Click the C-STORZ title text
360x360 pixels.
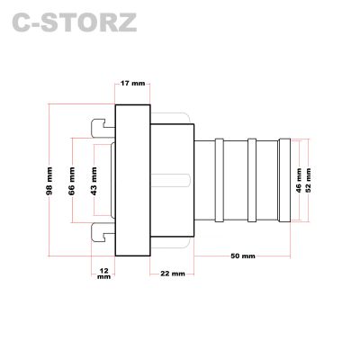(x=75, y=22)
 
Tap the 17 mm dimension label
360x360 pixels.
(x=132, y=83)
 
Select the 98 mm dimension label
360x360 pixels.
(x=49, y=181)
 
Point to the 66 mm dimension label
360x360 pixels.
(x=72, y=181)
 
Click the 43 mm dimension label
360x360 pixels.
(x=94, y=181)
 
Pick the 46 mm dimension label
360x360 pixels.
(x=299, y=180)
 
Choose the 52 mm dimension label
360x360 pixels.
(x=308, y=180)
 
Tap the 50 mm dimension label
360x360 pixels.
(x=243, y=256)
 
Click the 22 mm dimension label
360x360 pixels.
(x=173, y=274)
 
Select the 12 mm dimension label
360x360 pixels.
(x=103, y=274)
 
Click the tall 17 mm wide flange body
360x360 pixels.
(x=133, y=180)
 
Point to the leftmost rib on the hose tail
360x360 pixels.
(x=220, y=180)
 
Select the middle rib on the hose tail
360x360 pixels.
(x=252, y=180)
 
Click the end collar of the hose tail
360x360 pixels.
(x=284, y=180)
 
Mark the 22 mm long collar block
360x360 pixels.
(x=172, y=180)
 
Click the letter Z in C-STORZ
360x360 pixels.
(x=126, y=22)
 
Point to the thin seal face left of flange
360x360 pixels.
(x=113, y=180)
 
